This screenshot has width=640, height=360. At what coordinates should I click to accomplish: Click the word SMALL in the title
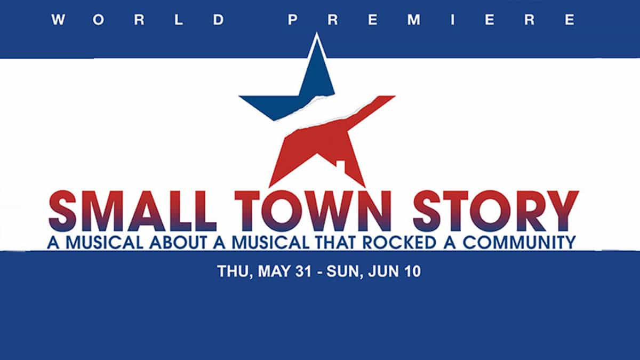coord(133,211)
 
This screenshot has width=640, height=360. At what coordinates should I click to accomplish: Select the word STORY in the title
coord(496,211)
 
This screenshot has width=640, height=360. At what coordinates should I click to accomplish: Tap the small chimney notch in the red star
coord(341,164)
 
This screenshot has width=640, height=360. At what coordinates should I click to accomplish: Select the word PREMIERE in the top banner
coord(432,20)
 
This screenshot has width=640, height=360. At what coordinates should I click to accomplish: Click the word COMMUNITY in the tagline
coord(519,243)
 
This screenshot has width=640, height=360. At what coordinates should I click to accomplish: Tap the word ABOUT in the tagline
coord(178,243)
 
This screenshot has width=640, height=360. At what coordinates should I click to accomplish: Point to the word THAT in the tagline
coord(335,243)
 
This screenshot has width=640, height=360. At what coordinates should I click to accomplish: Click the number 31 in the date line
coord(303,271)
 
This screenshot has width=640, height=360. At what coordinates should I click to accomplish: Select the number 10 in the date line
coord(412,271)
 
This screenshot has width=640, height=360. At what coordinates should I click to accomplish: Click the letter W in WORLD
coord(58,20)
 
